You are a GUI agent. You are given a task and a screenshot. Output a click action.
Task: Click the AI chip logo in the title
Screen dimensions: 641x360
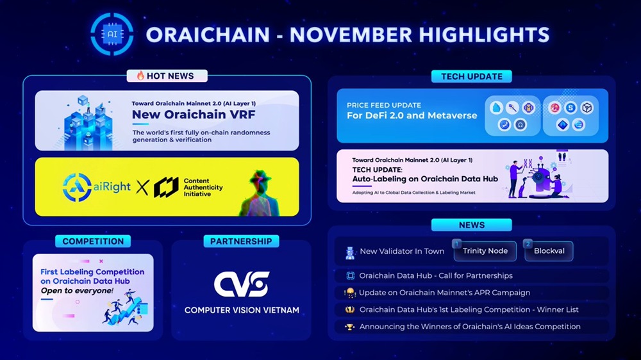[112, 35]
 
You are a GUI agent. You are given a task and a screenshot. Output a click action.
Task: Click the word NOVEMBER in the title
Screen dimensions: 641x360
[351, 35]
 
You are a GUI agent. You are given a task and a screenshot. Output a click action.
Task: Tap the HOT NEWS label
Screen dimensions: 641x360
[167, 76]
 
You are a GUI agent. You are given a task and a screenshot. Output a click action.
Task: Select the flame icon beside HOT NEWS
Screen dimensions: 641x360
[140, 76]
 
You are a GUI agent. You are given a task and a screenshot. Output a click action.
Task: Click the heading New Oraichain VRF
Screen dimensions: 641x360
[194, 115]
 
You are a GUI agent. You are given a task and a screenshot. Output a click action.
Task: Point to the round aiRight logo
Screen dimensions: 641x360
[77, 187]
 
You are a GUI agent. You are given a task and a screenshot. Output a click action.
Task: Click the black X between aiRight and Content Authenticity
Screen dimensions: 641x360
[142, 187]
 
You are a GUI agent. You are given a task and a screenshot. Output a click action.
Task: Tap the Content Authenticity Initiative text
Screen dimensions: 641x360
[203, 187]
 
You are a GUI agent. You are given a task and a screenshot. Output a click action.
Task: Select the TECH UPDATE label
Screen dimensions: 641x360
[471, 76]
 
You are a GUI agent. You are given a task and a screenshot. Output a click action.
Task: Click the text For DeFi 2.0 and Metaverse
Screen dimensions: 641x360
[412, 116]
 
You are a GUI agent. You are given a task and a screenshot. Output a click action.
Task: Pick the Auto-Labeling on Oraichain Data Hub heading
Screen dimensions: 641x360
[425, 179]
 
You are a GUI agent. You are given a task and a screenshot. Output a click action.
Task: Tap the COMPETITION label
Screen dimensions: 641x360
[93, 241]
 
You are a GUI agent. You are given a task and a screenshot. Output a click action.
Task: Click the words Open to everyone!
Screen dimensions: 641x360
[77, 291]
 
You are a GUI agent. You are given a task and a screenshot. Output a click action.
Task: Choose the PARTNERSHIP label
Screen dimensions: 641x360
[241, 241]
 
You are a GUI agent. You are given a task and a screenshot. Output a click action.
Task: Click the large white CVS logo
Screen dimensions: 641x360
[242, 284]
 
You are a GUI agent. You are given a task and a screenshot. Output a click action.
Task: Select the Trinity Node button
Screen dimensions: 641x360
[485, 251]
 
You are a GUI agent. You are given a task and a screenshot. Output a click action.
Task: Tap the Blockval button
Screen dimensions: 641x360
[549, 251]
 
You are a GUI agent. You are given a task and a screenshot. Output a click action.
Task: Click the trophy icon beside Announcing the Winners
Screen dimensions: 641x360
[349, 327]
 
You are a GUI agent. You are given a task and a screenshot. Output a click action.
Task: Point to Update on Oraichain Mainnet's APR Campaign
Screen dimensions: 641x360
[444, 293]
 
